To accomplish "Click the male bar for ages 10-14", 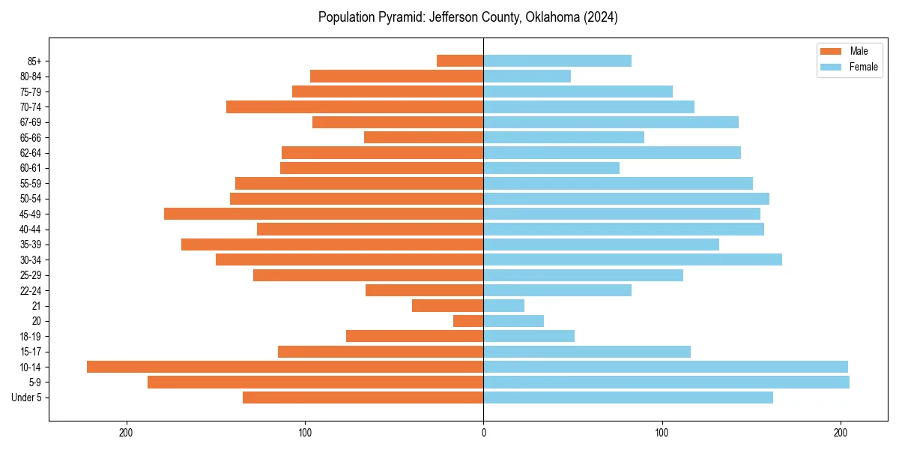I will (x=285, y=367).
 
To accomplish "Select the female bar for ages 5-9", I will (x=666, y=382).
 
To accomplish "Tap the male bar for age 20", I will (x=468, y=321).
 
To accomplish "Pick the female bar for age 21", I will (x=503, y=305).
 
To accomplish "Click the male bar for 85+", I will (x=460, y=61).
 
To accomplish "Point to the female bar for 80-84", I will (x=527, y=76).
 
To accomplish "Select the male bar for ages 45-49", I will (x=324, y=214).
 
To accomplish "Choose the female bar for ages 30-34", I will (x=632, y=259).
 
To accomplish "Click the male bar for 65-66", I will (x=423, y=137).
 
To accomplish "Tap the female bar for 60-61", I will (x=551, y=168).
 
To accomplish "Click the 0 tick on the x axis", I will (x=483, y=433).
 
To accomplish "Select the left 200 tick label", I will (x=126, y=433).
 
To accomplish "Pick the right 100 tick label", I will (x=662, y=433).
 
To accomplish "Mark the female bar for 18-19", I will (x=529, y=336).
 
